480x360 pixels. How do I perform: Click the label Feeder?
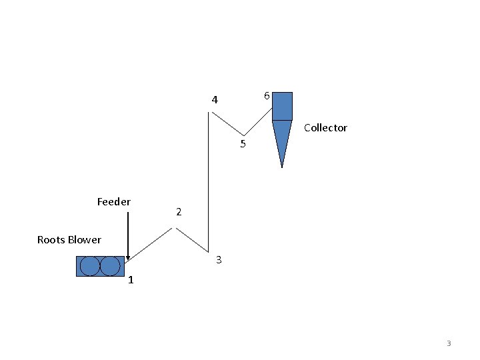click(114, 201)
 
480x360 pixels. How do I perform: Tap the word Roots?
click(51, 239)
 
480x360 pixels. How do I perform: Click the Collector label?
click(325, 128)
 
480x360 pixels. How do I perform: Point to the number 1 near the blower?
click(131, 280)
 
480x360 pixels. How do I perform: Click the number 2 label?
click(179, 213)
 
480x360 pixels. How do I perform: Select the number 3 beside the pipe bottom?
click(219, 259)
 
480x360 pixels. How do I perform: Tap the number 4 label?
click(215, 100)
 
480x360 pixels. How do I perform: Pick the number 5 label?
click(243, 144)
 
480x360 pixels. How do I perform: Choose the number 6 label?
click(267, 96)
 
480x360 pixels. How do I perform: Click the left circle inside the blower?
click(89, 266)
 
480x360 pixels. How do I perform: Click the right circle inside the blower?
click(111, 266)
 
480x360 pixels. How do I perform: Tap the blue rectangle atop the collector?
click(282, 106)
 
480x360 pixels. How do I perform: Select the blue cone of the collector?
click(282, 137)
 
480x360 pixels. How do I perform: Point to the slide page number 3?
click(449, 343)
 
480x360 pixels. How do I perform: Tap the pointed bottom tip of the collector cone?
click(282, 166)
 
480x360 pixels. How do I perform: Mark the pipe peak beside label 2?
click(174, 228)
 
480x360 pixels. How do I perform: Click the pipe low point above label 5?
click(243, 135)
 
